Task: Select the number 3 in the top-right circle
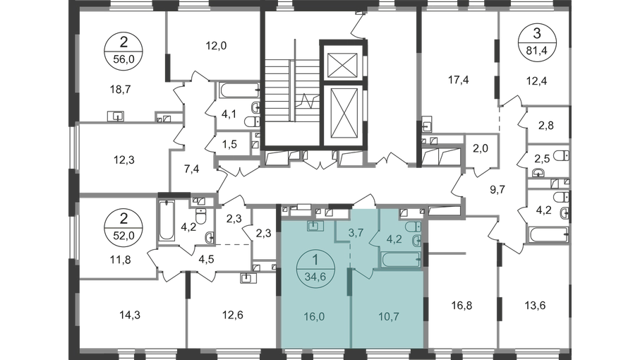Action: (535, 34)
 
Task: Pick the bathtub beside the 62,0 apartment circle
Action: (168, 222)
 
